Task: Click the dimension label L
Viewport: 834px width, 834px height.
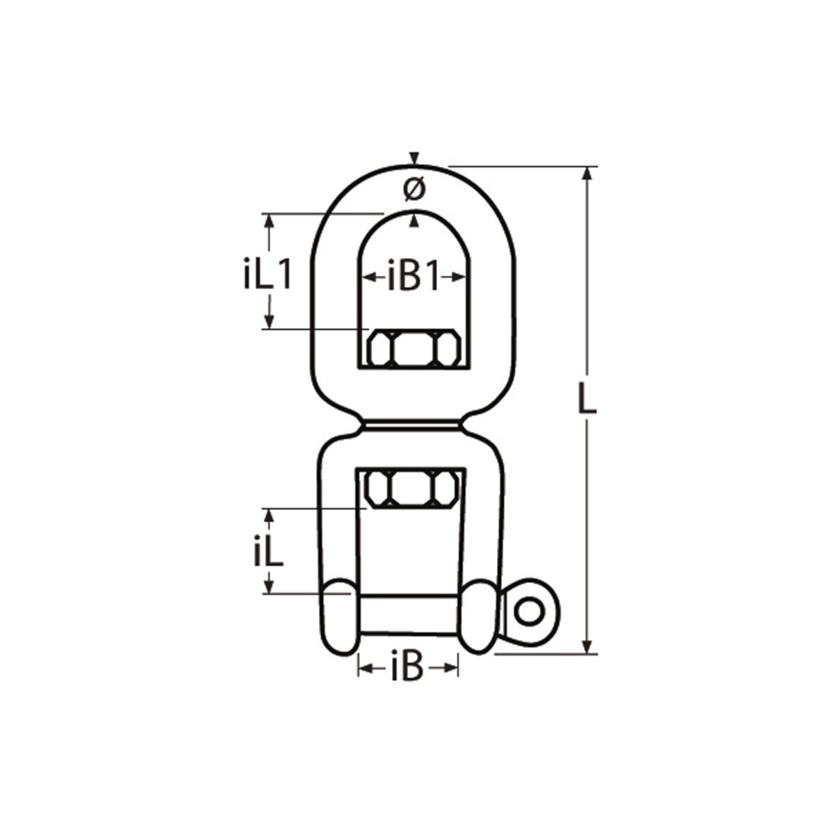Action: tap(588, 403)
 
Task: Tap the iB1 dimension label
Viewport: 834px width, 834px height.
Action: tap(414, 277)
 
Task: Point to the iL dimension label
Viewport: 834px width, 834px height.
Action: tap(268, 553)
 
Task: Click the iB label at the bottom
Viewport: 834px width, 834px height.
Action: tap(407, 669)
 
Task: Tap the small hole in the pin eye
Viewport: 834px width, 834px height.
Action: tap(529, 612)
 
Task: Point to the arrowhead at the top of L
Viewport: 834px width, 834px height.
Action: tap(589, 174)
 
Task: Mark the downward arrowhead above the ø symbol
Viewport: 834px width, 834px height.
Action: tap(414, 158)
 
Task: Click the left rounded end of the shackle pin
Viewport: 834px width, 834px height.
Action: tap(338, 617)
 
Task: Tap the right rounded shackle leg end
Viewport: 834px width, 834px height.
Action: tap(480, 617)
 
